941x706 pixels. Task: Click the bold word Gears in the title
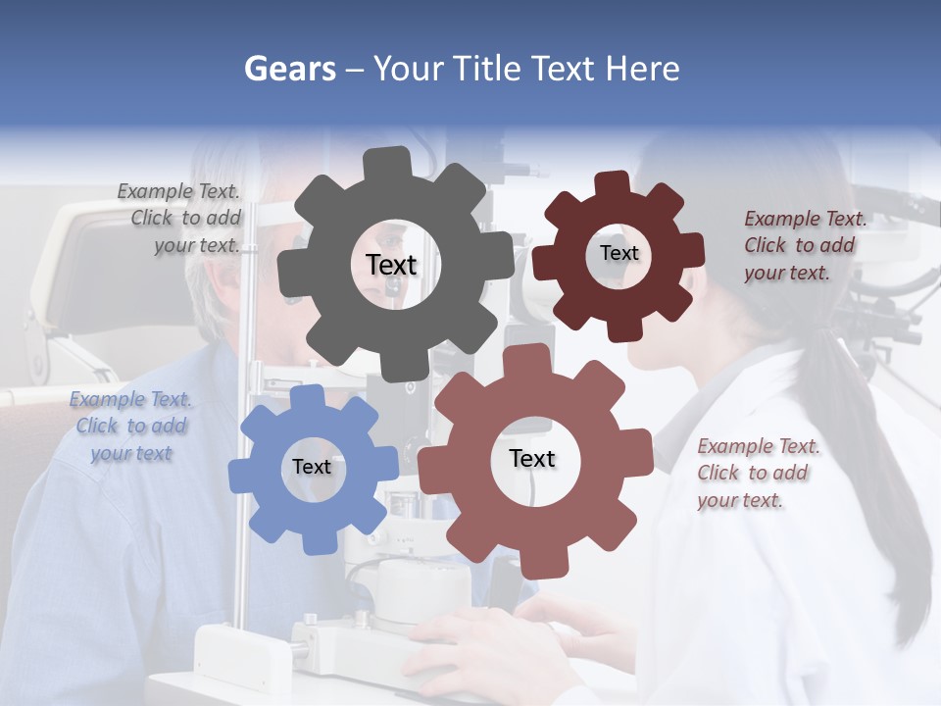pyautogui.click(x=289, y=69)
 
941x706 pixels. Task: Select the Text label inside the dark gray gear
pyautogui.click(x=391, y=265)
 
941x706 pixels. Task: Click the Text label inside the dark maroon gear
pyautogui.click(x=619, y=253)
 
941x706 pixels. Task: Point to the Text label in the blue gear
pyautogui.click(x=312, y=467)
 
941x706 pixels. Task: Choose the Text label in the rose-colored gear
pyautogui.click(x=532, y=458)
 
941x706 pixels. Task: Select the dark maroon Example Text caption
pyautogui.click(x=804, y=245)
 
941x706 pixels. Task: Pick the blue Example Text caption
pyautogui.click(x=131, y=426)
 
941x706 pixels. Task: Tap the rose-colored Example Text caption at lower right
pyautogui.click(x=757, y=473)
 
